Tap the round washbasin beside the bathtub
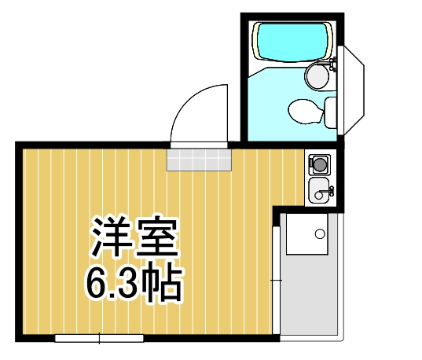click(317, 76)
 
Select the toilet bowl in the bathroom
click(303, 110)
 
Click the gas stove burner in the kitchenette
click(321, 163)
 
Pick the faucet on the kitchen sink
click(329, 189)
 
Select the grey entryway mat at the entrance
click(200, 159)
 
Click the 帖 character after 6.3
click(164, 285)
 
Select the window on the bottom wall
click(100, 339)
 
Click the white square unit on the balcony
click(308, 233)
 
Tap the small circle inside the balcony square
click(319, 233)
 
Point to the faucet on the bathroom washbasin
click(332, 66)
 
